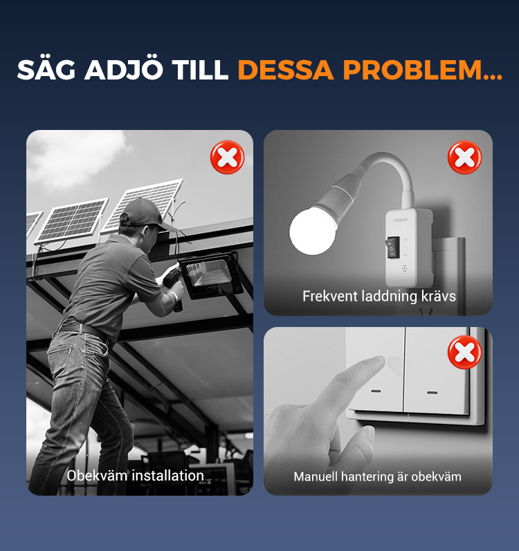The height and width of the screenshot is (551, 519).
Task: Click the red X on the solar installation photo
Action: point(227,157)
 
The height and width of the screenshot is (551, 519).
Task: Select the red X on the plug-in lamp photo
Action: point(464,157)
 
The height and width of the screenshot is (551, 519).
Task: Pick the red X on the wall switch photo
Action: point(464,352)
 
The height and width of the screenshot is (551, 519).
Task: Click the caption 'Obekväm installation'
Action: point(136,476)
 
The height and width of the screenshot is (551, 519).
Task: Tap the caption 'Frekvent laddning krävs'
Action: point(379,296)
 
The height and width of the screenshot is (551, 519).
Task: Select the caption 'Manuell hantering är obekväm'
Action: point(377,477)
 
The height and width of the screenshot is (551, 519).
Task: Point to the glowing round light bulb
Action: point(313,230)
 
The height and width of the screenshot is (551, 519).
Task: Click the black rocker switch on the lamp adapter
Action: point(392,248)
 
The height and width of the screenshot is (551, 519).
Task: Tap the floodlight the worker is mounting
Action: point(211,275)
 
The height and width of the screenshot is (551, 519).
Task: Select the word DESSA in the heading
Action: point(286,70)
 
